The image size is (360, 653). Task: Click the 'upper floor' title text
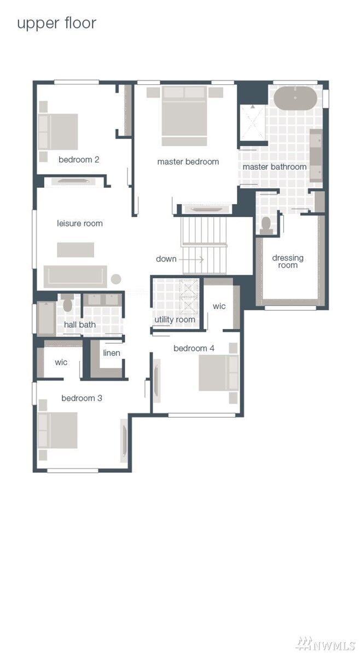click(56, 23)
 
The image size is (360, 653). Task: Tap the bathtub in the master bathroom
click(295, 99)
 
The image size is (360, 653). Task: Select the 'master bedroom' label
click(188, 161)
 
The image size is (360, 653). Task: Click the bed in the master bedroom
click(184, 115)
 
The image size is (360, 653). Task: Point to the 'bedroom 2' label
click(79, 160)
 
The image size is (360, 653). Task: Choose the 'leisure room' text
click(80, 223)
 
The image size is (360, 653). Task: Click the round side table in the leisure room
click(116, 279)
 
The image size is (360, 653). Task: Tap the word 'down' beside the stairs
click(166, 259)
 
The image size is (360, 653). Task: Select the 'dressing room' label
click(288, 262)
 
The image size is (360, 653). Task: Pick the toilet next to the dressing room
click(266, 225)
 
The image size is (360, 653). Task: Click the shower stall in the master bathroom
click(253, 123)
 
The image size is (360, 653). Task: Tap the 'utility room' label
click(175, 320)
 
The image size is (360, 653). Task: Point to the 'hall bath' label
click(80, 325)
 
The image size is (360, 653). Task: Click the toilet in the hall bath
click(68, 303)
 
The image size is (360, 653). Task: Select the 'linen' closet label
click(112, 353)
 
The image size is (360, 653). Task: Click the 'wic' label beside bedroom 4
click(219, 306)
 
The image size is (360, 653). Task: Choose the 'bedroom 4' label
click(194, 348)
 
